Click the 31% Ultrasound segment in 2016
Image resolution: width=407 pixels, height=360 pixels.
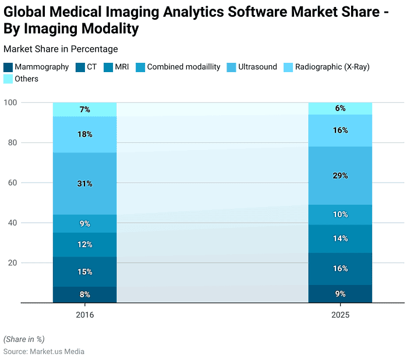84,183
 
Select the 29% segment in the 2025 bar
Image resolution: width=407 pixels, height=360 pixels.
340,175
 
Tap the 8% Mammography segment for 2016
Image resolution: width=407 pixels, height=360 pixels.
84,294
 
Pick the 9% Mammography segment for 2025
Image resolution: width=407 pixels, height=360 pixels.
340,293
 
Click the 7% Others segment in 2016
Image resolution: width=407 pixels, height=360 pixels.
84,109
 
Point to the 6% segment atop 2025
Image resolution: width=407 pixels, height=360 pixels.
340,108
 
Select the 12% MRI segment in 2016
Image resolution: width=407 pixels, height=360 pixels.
84,244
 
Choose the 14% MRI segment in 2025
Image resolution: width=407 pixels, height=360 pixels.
340,238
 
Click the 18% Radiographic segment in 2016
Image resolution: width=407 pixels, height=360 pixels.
84,134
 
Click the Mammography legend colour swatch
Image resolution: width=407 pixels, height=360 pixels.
8,67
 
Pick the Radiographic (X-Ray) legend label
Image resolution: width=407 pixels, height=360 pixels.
332,67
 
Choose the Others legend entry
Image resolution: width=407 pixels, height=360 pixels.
27,79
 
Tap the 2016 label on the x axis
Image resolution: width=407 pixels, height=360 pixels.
84,314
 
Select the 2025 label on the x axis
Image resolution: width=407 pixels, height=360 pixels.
340,314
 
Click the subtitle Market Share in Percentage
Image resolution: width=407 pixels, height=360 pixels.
61,49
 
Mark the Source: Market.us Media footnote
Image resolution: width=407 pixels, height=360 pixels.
44,351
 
